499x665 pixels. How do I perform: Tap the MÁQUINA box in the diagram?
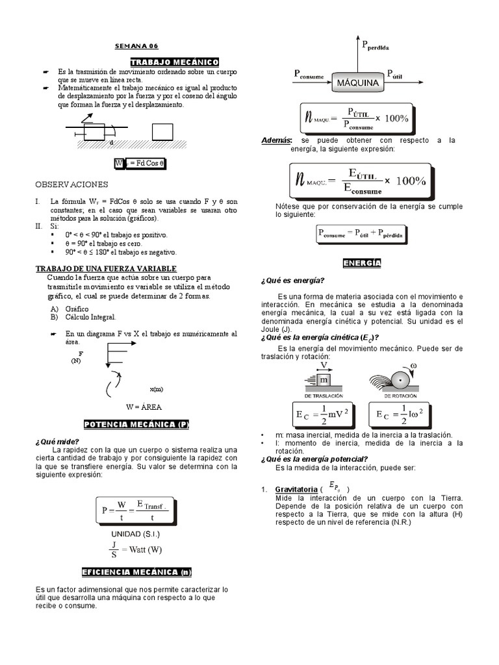pos(357,82)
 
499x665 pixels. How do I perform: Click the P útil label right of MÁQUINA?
pos(394,75)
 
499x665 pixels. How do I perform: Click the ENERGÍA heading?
pos(362,263)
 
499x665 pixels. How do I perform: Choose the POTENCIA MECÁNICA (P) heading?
pos(136,424)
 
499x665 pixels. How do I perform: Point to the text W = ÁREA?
pos(144,407)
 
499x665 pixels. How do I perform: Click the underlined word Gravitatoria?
pos(296,489)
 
